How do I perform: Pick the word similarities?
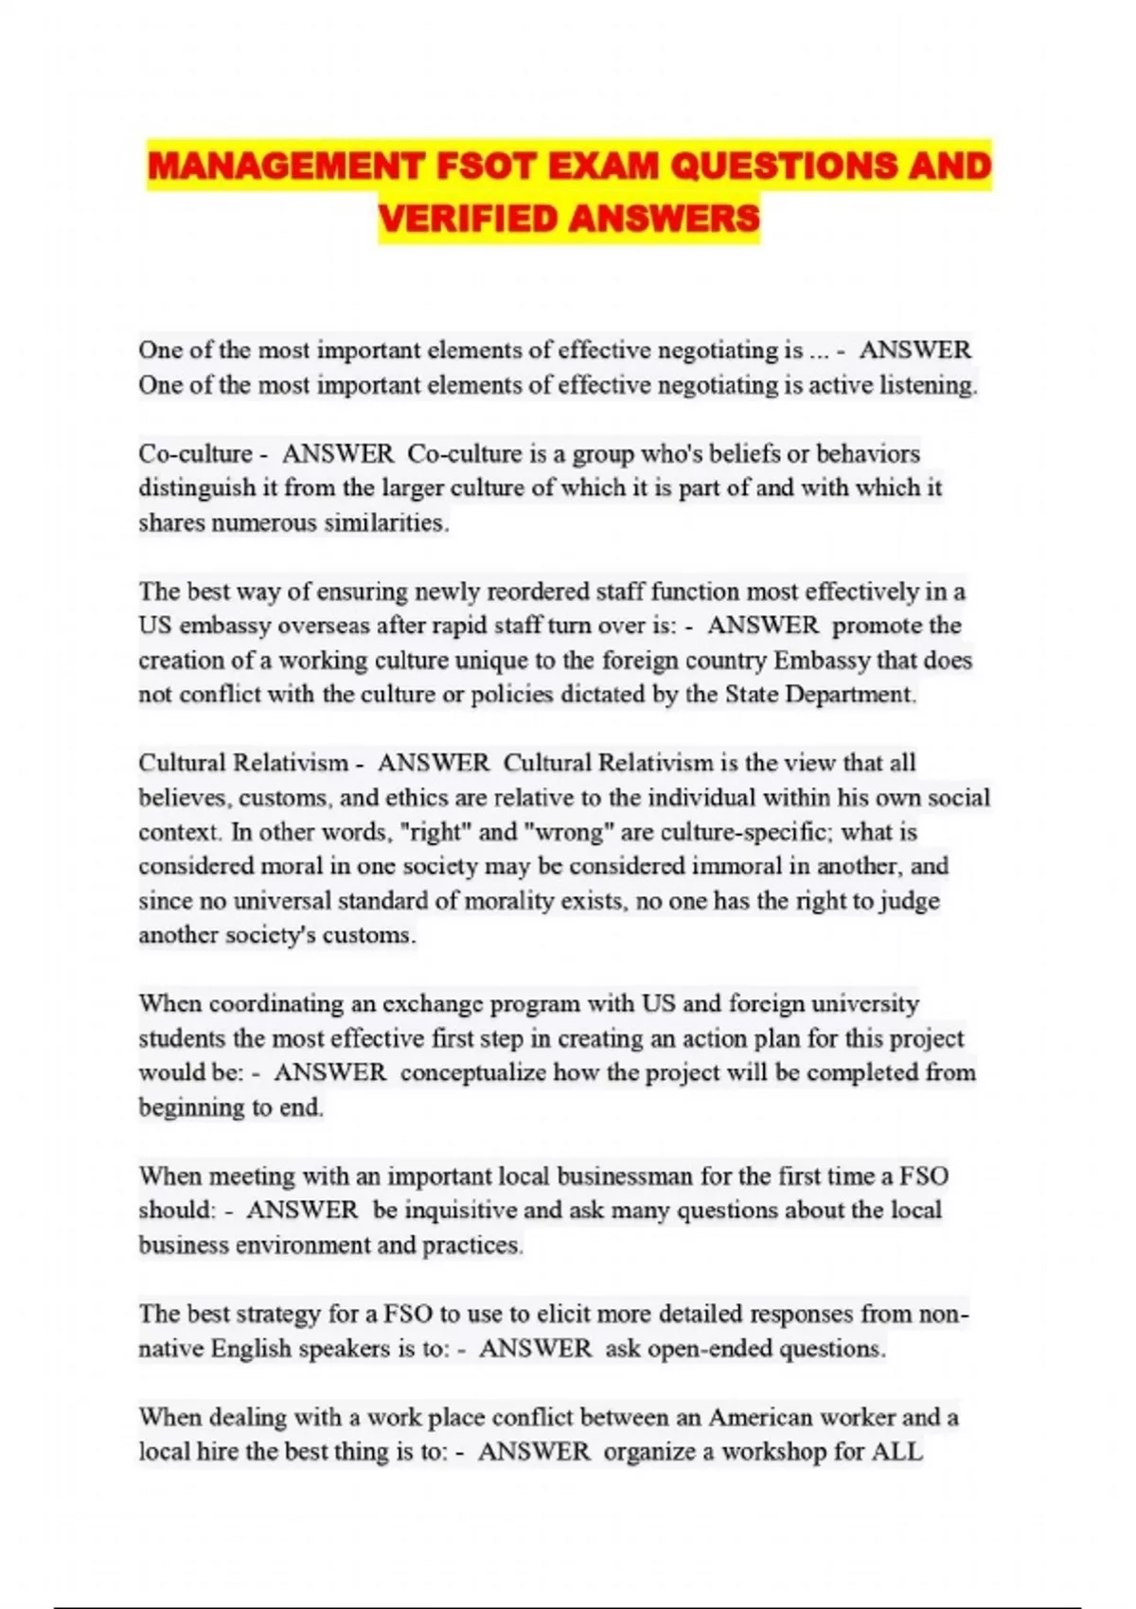pos(386,522)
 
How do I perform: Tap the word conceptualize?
pos(473,1072)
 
